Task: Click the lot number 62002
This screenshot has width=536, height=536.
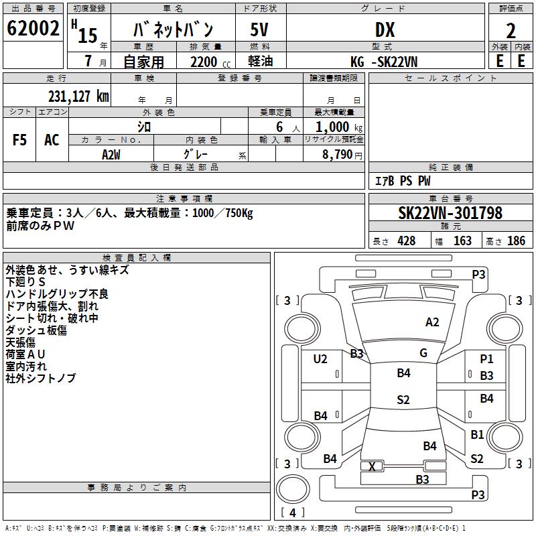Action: pyautogui.click(x=33, y=28)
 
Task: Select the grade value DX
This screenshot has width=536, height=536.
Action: pyautogui.click(x=385, y=29)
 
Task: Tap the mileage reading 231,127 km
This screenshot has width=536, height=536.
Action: pyautogui.click(x=78, y=96)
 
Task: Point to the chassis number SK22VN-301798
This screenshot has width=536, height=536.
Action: pyautogui.click(x=450, y=212)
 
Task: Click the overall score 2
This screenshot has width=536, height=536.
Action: pyautogui.click(x=511, y=31)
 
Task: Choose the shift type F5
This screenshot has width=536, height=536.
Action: pyautogui.click(x=19, y=140)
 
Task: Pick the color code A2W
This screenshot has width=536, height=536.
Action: pyautogui.click(x=111, y=155)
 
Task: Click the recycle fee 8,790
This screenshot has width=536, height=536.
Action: pyautogui.click(x=338, y=154)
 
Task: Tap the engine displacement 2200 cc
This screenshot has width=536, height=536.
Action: pyautogui.click(x=210, y=62)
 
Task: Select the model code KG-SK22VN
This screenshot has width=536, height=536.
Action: pyautogui.click(x=384, y=62)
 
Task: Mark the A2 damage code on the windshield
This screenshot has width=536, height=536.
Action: pyautogui.click(x=432, y=322)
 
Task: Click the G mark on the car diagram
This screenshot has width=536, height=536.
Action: pyautogui.click(x=423, y=353)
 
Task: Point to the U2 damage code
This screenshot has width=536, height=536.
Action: pyautogui.click(x=320, y=359)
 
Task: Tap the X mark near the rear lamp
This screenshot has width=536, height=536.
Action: pyautogui.click(x=372, y=466)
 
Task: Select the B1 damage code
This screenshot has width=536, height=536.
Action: pyautogui.click(x=477, y=434)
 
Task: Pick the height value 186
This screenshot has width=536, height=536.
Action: pyautogui.click(x=516, y=241)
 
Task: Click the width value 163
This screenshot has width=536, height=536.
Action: pyautogui.click(x=462, y=241)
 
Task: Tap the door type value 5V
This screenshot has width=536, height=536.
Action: pyautogui.click(x=259, y=29)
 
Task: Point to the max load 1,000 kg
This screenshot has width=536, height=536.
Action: pyautogui.click(x=339, y=127)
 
